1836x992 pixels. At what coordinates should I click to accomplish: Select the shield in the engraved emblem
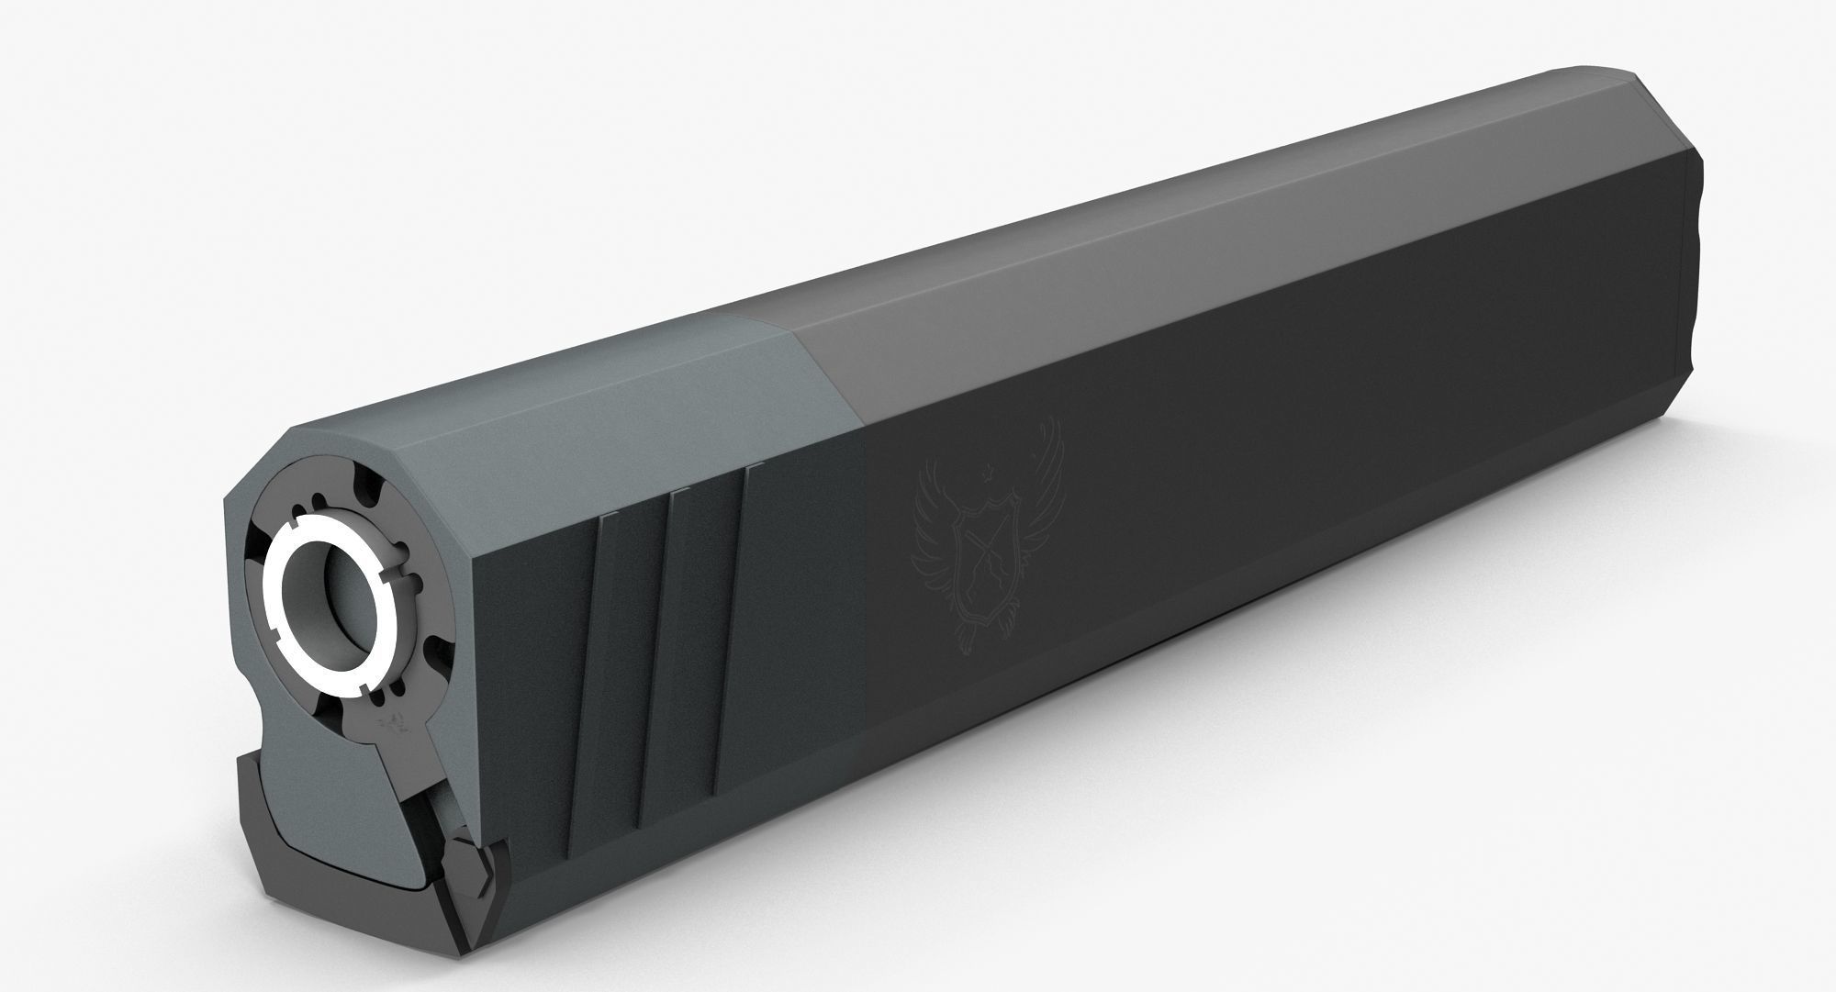tap(984, 559)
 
